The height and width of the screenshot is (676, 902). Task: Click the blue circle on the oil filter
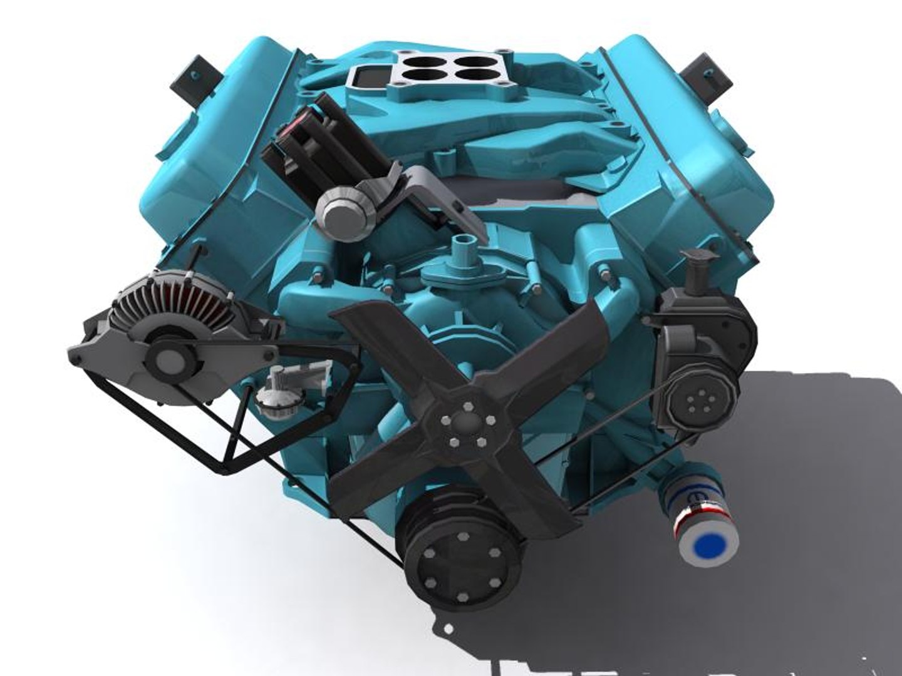pyautogui.click(x=710, y=544)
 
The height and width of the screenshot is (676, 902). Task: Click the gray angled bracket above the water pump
pyautogui.click(x=438, y=200)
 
